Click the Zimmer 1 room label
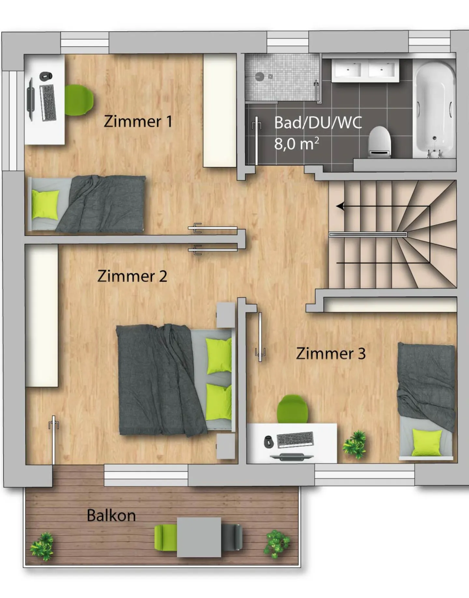(138, 121)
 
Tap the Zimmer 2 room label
(132, 276)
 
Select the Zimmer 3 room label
(331, 354)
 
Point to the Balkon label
(111, 516)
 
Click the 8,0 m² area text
(296, 144)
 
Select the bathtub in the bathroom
(434, 109)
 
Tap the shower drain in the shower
(260, 76)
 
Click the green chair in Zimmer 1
(79, 100)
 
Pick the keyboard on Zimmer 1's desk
(48, 102)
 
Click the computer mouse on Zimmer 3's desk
(268, 442)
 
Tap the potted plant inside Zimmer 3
(355, 444)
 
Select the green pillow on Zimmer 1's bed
(45, 204)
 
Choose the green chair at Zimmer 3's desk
(292, 409)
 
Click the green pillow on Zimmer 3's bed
(427, 442)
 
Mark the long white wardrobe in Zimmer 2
(42, 316)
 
